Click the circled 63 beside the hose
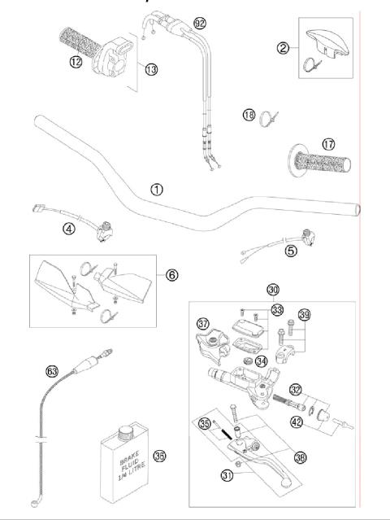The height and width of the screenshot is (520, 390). click(52, 371)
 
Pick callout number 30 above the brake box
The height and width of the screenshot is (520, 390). click(272, 289)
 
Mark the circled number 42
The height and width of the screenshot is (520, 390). click(298, 422)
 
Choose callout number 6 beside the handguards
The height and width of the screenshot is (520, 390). click(171, 275)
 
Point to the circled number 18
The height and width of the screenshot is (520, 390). click(249, 116)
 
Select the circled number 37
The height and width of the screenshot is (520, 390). click(203, 325)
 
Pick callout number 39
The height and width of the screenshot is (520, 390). click(305, 315)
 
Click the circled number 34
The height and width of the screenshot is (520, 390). click(262, 361)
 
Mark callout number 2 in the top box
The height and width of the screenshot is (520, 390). click(283, 48)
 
